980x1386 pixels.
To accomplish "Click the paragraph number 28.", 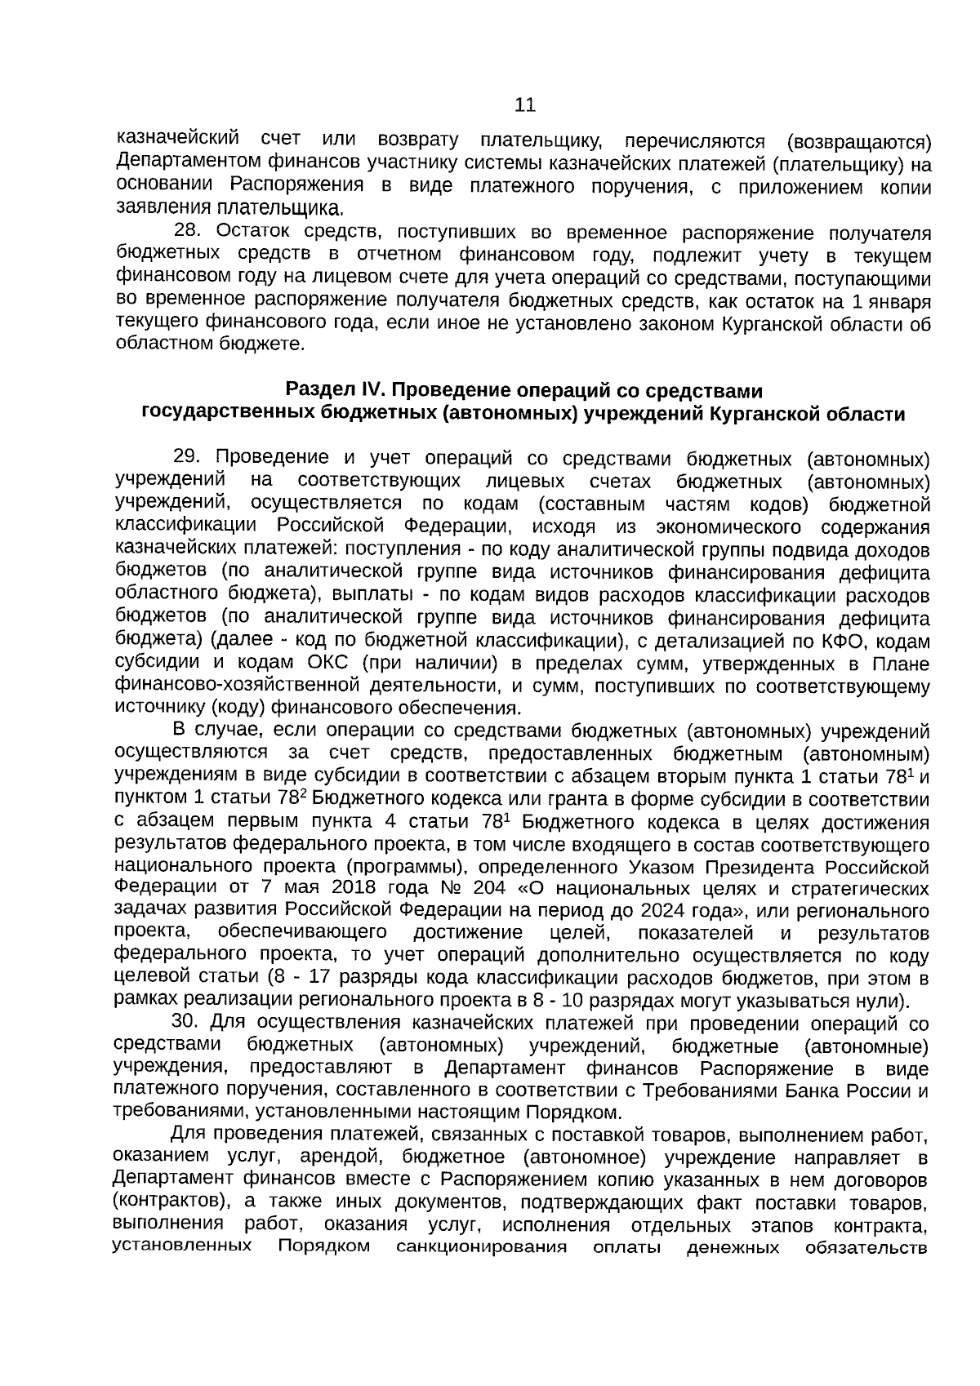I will click(x=188, y=234).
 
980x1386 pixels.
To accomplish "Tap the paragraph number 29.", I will click(x=188, y=458).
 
